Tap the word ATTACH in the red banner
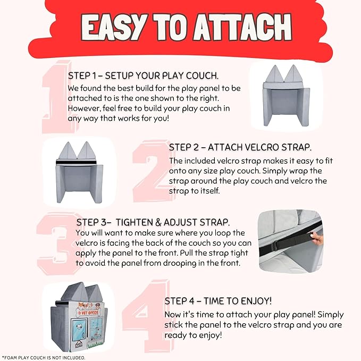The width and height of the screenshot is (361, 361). click(242, 28)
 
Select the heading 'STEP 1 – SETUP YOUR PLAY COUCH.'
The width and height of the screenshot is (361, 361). click(143, 75)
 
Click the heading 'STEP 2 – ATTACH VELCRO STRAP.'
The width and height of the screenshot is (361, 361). click(240, 147)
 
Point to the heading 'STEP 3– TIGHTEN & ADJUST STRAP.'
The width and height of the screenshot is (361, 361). click(153, 222)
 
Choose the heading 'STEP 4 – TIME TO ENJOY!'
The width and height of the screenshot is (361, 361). click(218, 301)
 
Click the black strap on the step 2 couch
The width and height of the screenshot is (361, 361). click(76, 163)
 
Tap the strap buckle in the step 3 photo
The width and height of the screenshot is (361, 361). click(274, 247)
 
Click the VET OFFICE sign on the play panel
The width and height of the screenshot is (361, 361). click(88, 313)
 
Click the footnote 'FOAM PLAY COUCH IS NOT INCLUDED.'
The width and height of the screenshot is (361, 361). click(45, 358)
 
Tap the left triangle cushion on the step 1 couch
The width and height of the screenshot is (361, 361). click(274, 74)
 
